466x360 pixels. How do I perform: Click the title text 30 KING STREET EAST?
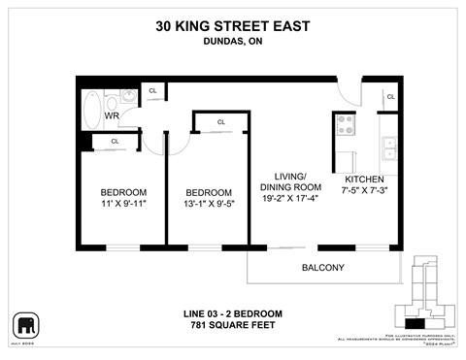point(232,27)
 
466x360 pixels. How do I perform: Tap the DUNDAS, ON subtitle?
point(232,41)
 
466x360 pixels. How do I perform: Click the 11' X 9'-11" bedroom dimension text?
point(122,205)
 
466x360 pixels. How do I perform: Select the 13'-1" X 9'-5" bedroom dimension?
point(209,205)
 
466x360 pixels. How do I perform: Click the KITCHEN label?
point(364,180)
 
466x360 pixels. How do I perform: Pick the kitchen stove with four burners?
point(346,124)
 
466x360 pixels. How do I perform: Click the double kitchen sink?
point(388,148)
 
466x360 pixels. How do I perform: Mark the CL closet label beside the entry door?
point(390,97)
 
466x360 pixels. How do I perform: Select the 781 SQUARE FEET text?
point(232,325)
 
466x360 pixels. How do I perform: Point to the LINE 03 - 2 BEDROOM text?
point(232,313)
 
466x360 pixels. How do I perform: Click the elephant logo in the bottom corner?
point(24,324)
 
